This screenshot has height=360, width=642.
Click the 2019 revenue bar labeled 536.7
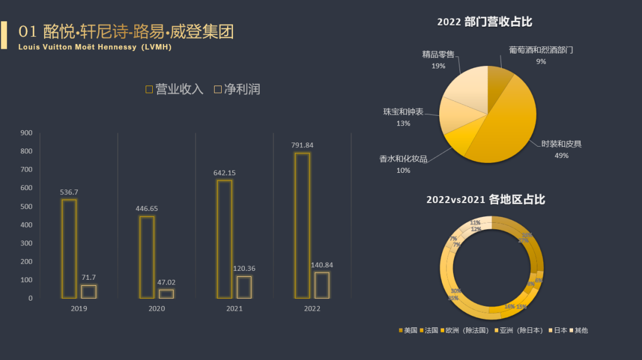click(x=69, y=248)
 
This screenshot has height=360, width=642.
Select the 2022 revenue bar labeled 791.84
click(x=302, y=225)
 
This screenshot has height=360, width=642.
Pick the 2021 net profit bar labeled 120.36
click(x=244, y=287)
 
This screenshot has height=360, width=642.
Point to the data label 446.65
click(x=146, y=209)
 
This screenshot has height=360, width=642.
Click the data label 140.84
click(x=321, y=264)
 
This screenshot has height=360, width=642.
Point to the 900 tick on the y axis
click(x=26, y=132)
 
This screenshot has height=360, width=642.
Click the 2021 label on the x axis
click(x=234, y=309)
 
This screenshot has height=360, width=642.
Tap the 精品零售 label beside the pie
click(x=438, y=54)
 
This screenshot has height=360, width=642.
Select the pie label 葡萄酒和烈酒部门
click(x=540, y=50)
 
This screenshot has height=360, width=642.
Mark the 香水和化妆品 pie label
click(x=403, y=159)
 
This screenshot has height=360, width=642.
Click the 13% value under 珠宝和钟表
click(x=403, y=124)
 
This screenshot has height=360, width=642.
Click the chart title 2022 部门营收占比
click(x=484, y=22)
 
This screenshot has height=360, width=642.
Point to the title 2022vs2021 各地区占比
click(x=485, y=200)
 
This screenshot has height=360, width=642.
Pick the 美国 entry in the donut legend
click(x=408, y=330)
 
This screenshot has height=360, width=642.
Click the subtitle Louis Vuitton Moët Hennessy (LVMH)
click(x=95, y=47)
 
